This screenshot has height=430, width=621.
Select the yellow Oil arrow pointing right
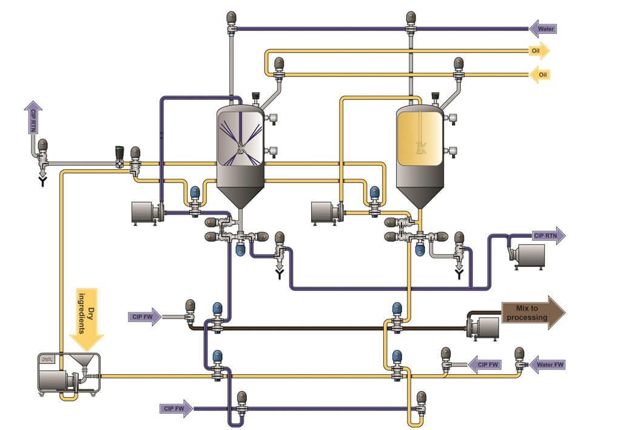tap(539, 51)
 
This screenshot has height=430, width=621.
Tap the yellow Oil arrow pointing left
tap(540, 75)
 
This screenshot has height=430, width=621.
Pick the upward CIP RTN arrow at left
tap(32, 118)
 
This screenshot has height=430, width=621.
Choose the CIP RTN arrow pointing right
tap(548, 235)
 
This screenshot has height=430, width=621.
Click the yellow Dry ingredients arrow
tap(87, 318)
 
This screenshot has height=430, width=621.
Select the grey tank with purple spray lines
tap(241, 143)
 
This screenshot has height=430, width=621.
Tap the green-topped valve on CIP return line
tap(120, 155)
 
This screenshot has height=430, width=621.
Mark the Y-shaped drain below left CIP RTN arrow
tap(42, 180)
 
